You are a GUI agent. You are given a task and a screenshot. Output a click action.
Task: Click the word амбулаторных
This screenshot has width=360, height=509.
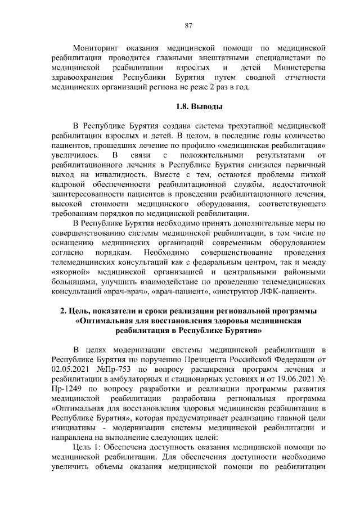click(137, 379)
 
